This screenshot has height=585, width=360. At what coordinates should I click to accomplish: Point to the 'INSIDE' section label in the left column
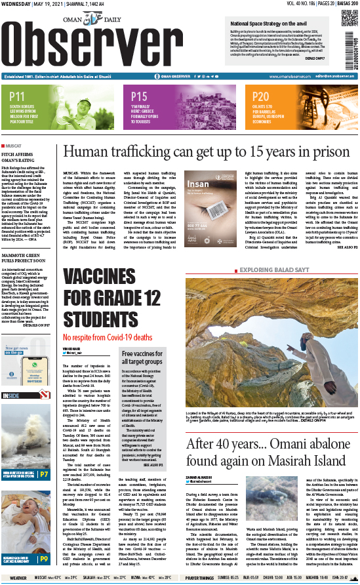[10, 395]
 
